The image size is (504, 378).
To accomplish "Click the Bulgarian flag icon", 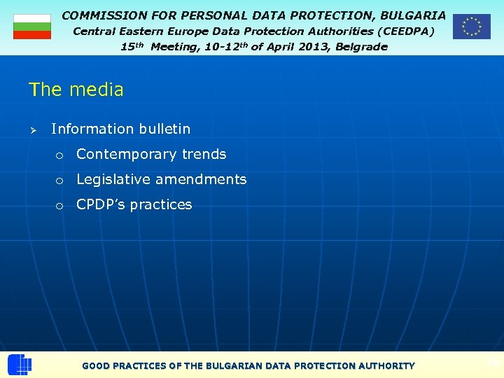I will (32, 27).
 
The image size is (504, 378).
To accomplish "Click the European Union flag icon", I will (471, 27).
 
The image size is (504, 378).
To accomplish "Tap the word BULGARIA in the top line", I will (412, 15).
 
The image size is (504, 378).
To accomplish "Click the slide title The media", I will (76, 90).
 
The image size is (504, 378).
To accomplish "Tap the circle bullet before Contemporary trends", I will (60, 155).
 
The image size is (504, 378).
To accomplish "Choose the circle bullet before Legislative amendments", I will (60, 181).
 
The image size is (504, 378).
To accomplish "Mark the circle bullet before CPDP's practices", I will (60, 206).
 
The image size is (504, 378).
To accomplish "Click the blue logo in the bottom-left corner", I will (20, 365).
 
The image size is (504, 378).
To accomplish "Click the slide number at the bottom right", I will (492, 363).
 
